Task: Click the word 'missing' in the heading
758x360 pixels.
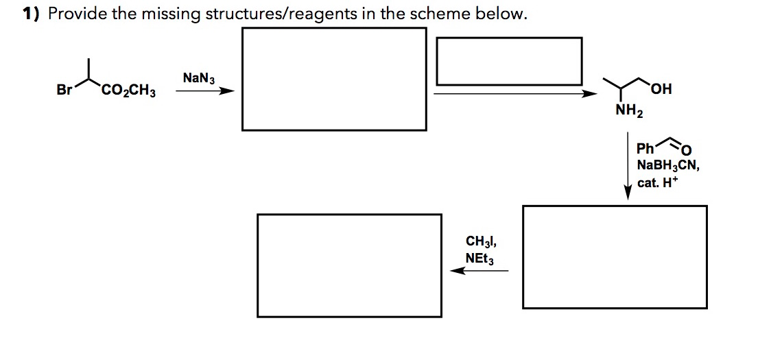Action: [171, 14]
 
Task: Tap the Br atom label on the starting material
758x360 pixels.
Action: [65, 90]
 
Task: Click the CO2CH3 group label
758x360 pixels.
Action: [128, 91]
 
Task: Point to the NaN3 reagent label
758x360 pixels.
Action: [198, 78]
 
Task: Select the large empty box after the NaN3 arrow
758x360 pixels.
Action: [334, 78]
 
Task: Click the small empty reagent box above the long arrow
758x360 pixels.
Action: [508, 60]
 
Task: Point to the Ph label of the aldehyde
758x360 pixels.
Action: [646, 149]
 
